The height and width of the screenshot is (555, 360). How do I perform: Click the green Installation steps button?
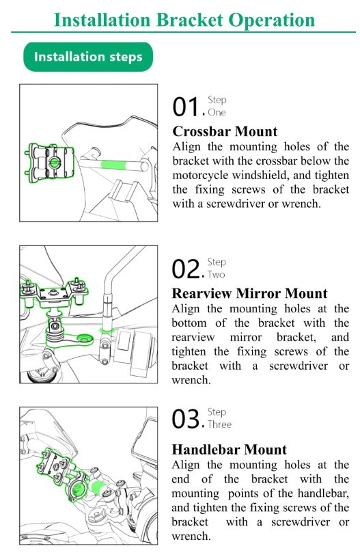[88, 57]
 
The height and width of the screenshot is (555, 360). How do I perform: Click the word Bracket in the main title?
[189, 20]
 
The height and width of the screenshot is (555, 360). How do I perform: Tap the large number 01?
[186, 107]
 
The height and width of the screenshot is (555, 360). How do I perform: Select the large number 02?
[186, 269]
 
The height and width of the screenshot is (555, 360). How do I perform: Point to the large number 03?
[186, 419]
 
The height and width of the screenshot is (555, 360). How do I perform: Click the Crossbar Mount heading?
[225, 131]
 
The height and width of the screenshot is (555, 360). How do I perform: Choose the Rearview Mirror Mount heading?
[249, 293]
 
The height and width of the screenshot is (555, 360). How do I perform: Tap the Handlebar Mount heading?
[230, 450]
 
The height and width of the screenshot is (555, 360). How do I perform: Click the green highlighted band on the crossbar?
[113, 165]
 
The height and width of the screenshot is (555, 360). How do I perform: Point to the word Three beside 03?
[219, 424]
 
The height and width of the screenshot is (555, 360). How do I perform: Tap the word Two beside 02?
[216, 275]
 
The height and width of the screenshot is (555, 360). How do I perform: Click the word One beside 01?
[217, 113]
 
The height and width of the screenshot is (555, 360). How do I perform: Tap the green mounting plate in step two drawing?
[54, 293]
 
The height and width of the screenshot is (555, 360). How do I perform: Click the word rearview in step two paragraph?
[193, 338]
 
